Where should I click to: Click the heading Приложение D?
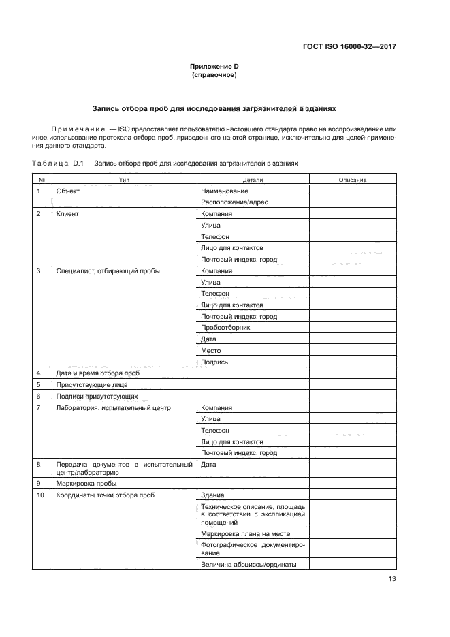pyautogui.click(x=214, y=65)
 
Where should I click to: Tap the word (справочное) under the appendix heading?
pyautogui.click(x=214, y=74)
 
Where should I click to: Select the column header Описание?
pyautogui.click(x=353, y=180)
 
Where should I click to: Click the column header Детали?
pyautogui.click(x=253, y=180)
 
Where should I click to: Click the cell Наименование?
pyautogui.click(x=224, y=191)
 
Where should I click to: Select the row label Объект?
pyautogui.click(x=68, y=191)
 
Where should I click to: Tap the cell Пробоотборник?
pyautogui.click(x=225, y=328)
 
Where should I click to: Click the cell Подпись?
pyautogui.click(x=214, y=362)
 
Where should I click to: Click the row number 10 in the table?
pyautogui.click(x=40, y=495)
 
